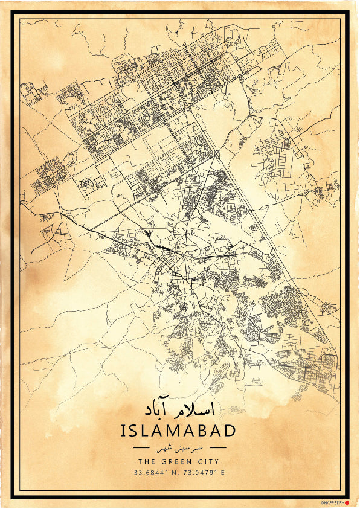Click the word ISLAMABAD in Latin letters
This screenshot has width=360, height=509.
point(179,431)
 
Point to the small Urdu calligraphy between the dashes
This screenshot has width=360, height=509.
point(179,449)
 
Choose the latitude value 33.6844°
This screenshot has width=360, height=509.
point(151,473)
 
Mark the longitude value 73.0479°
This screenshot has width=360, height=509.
point(199,473)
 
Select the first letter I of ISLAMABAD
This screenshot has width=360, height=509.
point(124,431)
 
